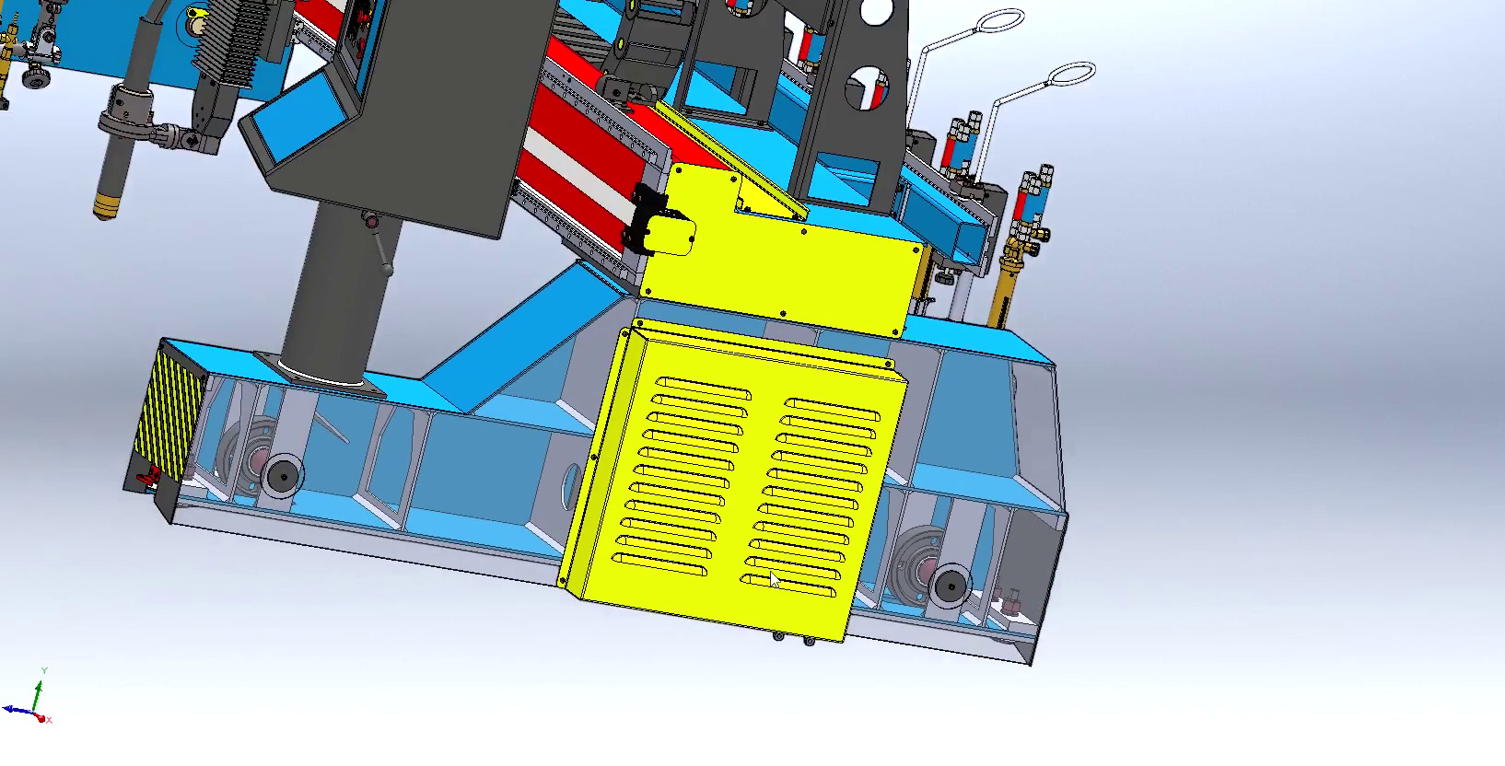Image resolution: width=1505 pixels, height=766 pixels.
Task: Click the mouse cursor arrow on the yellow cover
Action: (x=775, y=579)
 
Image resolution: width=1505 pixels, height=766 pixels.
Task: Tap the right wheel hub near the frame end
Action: (x=949, y=584)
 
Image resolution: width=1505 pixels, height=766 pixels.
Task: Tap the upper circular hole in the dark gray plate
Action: (x=876, y=12)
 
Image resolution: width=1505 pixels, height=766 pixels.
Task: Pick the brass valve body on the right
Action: (x=1009, y=275)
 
